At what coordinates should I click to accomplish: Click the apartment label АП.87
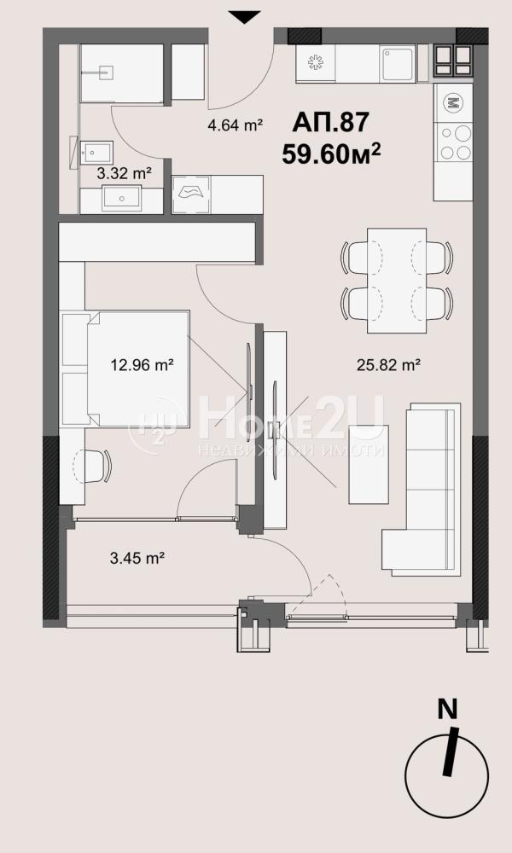point(331,122)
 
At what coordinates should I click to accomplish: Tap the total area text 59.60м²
point(331,154)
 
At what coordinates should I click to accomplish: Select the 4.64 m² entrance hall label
point(235,125)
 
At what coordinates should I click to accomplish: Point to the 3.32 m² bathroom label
point(124,174)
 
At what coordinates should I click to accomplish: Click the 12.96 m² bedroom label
point(142,364)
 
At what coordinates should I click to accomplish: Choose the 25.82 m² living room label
point(388,365)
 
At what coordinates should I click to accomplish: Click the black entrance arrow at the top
point(245,17)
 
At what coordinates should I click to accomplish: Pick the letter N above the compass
point(447,710)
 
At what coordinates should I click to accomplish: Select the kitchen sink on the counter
point(398,64)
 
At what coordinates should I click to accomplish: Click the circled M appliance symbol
point(452,102)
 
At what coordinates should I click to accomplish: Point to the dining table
point(397,280)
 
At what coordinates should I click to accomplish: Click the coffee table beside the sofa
point(369,464)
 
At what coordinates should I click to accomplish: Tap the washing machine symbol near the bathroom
point(191,194)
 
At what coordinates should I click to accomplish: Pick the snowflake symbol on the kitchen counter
point(316,62)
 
